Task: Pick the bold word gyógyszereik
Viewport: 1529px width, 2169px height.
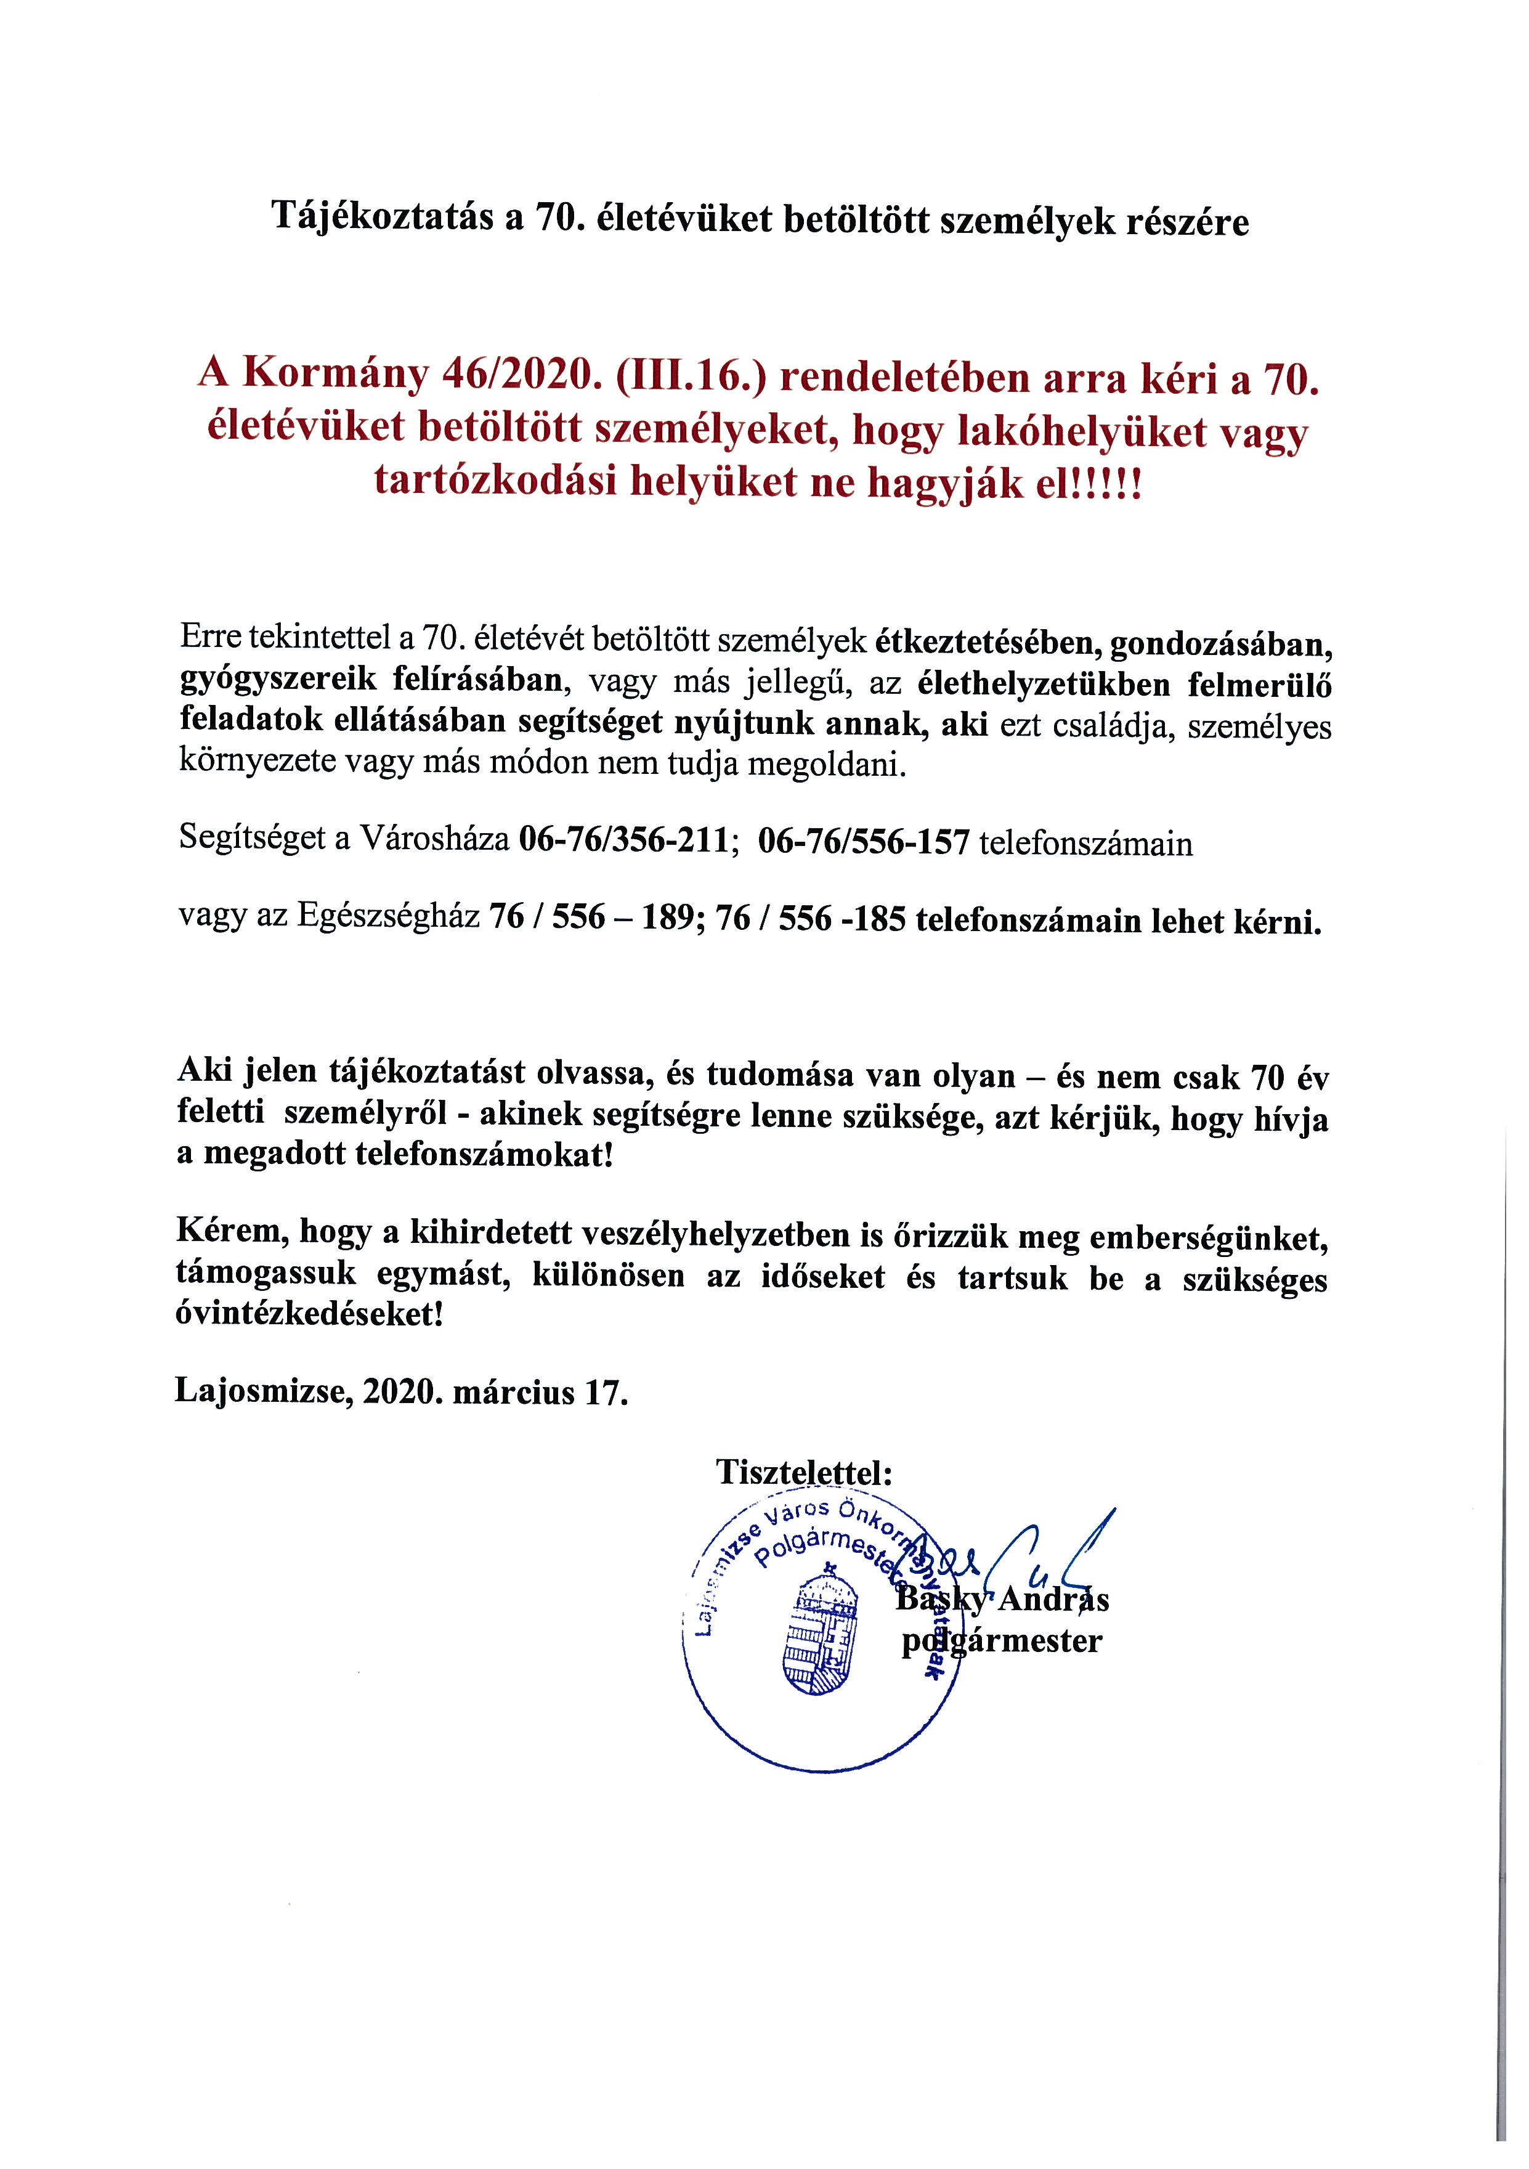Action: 278,681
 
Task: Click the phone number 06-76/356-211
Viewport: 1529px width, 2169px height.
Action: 624,840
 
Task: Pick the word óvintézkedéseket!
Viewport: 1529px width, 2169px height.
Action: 309,1314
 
